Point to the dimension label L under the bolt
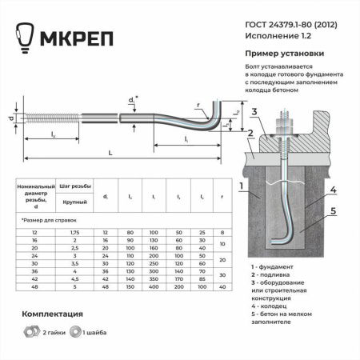[x=109, y=151]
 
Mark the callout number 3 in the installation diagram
[x=252, y=110]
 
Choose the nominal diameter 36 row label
[x=35, y=270]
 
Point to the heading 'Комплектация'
[x=51, y=314]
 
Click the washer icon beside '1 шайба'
[x=74, y=330]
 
